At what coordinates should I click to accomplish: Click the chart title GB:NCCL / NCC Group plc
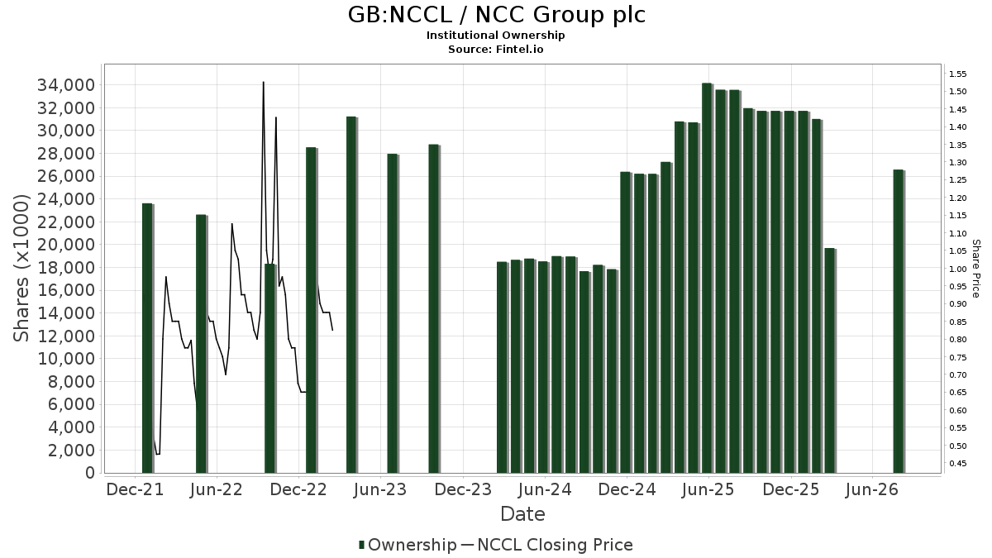coord(496,15)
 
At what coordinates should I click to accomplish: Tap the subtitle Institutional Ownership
coord(495,36)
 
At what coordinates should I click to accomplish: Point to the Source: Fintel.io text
coord(495,49)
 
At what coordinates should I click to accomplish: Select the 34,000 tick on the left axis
coord(66,85)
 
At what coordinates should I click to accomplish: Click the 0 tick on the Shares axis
coord(90,473)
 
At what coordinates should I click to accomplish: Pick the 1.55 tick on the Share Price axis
coord(957,74)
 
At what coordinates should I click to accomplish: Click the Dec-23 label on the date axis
coord(463,489)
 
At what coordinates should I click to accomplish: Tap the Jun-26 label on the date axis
coord(871,489)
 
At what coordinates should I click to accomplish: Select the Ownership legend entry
coord(408,545)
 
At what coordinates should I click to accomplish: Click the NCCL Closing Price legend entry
coord(547,545)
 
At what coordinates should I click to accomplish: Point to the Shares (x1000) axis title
coord(21,268)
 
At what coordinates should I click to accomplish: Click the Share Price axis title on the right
coord(975,269)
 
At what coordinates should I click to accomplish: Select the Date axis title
coord(522,514)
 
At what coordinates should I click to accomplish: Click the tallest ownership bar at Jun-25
coord(708,278)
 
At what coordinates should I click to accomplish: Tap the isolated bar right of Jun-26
coord(899,322)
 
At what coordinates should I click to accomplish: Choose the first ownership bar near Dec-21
coord(147,338)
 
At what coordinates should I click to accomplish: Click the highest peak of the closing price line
coord(264,82)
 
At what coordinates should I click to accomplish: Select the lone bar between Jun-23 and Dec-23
coord(434,308)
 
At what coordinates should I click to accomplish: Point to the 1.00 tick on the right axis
coord(957,269)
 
